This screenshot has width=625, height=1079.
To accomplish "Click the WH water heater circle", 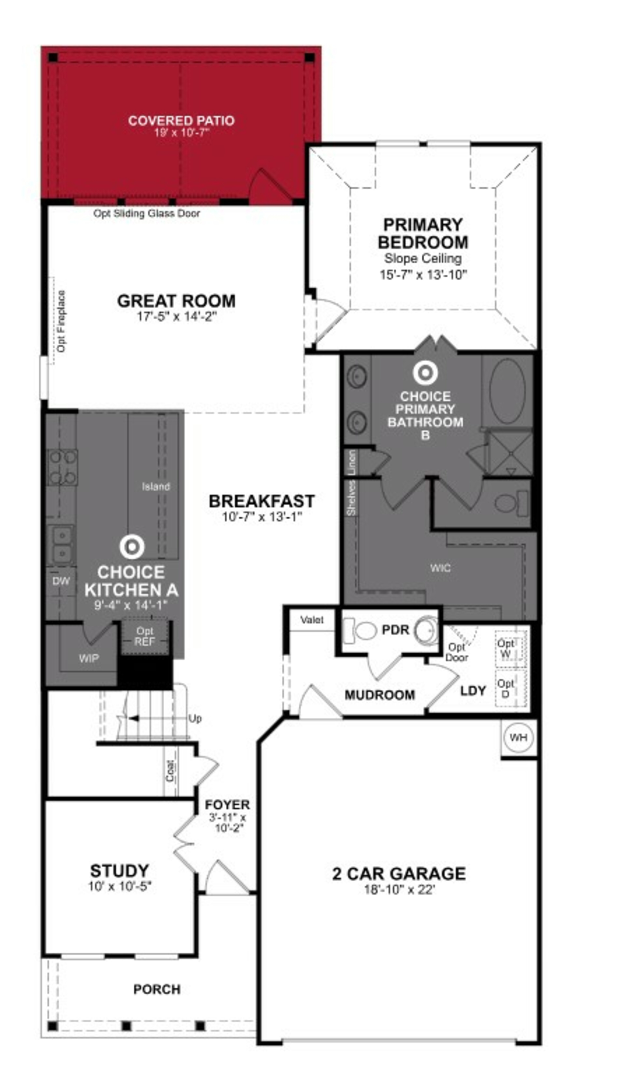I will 518,737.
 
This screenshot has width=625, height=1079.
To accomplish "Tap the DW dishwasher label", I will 61,581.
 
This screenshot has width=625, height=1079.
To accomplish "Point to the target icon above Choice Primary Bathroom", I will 425,373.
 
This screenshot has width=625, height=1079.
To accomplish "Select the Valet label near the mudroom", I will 312,620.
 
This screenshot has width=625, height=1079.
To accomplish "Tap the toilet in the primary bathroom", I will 510,503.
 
